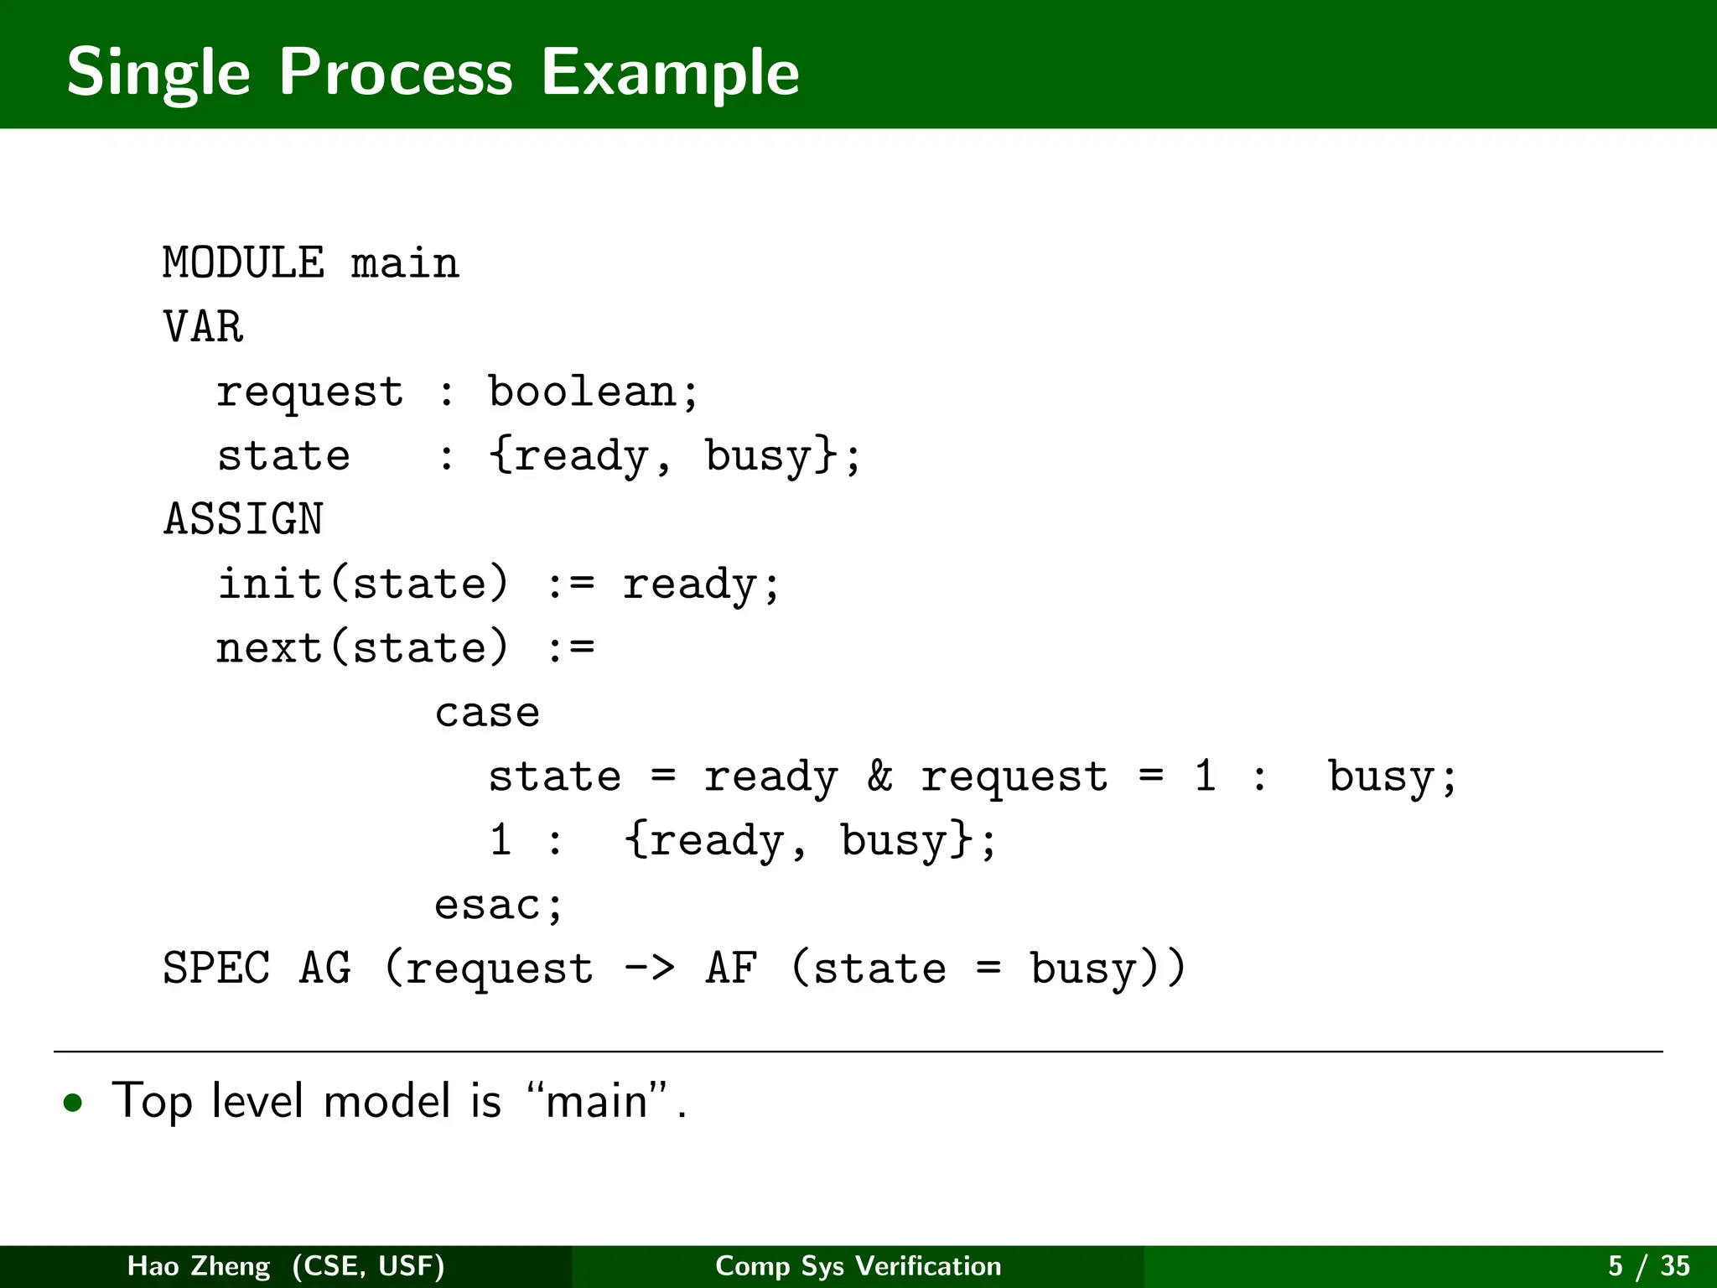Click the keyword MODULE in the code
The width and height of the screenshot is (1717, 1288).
tap(243, 263)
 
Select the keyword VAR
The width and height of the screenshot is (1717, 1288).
tap(203, 327)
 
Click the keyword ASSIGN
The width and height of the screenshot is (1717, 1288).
tap(243, 519)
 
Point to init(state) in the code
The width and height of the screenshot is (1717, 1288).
tap(363, 584)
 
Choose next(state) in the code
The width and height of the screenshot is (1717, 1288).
tap(363, 647)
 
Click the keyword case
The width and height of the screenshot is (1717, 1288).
tap(487, 713)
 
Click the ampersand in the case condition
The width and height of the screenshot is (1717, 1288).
tap(879, 776)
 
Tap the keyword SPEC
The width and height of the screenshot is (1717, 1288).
tap(216, 969)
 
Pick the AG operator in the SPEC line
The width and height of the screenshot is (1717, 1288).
tap(325, 969)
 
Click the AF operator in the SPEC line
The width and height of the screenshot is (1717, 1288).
tap(732, 969)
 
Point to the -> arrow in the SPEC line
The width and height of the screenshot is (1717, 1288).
tap(649, 969)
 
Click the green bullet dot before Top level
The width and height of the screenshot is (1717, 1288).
tap(74, 1103)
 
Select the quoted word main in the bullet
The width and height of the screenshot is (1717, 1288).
tap(597, 1101)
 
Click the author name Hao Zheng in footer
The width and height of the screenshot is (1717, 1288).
tap(199, 1265)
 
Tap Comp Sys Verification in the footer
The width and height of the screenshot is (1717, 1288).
tap(858, 1265)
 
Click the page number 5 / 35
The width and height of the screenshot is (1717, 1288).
tap(1648, 1265)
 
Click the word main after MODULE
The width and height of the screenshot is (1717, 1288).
tap(405, 263)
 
